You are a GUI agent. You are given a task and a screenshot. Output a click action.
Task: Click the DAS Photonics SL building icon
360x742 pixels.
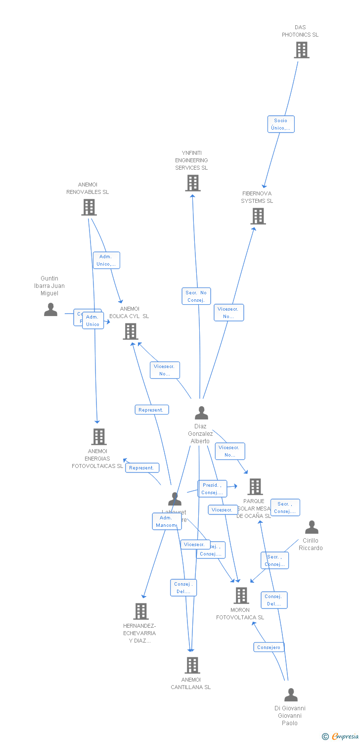301,50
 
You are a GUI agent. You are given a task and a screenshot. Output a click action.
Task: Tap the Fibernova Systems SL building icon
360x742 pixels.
258,216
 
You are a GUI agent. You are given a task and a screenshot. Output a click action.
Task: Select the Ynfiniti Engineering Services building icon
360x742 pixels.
192,183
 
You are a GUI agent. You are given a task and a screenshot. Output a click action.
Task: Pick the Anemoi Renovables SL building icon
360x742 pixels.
89,207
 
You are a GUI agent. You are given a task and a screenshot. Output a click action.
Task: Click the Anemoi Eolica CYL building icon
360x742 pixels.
130,331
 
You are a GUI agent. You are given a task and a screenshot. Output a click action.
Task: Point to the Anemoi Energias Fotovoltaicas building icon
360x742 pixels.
99,437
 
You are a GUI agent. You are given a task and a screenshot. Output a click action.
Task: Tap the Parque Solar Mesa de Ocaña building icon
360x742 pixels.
255,487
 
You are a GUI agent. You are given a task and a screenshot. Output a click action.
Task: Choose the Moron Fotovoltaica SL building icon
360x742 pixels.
241,596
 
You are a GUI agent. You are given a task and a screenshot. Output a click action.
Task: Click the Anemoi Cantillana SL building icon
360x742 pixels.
192,665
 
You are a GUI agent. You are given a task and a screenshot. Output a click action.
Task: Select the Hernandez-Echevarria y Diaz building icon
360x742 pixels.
140,611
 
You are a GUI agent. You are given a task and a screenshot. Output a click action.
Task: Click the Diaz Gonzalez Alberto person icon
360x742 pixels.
201,413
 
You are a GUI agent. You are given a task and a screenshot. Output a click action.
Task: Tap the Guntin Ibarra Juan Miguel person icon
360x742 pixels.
50,309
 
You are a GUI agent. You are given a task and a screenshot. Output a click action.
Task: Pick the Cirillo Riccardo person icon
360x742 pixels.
312,527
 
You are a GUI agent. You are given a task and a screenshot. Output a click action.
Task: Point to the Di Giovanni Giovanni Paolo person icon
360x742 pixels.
291,695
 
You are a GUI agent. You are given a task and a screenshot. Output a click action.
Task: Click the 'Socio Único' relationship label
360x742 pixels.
280,124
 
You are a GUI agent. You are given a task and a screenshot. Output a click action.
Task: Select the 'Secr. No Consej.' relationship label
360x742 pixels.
196,296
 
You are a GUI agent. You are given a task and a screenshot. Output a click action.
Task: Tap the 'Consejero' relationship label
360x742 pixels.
269,647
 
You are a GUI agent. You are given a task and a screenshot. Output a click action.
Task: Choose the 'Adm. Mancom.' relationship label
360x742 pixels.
166,521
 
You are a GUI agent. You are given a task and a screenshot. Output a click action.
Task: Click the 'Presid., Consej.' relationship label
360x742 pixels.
212,489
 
